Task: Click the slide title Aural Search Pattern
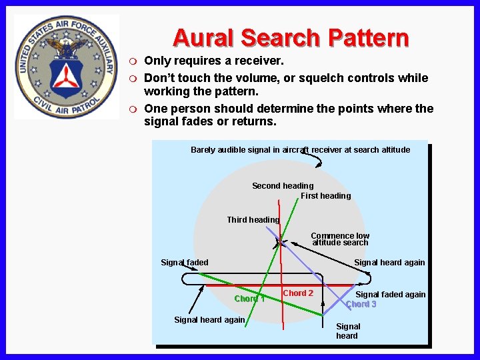(x=290, y=37)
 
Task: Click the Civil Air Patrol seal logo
(x=66, y=67)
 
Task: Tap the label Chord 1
(x=250, y=298)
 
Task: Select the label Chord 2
(x=298, y=293)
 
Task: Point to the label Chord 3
(x=361, y=304)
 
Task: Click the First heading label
(x=325, y=195)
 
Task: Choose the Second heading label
(x=283, y=185)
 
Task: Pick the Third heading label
(x=253, y=219)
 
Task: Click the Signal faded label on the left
(x=185, y=262)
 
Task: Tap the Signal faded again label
(x=390, y=294)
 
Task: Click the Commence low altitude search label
(x=340, y=239)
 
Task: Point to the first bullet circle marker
(x=133, y=61)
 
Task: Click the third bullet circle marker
(x=133, y=109)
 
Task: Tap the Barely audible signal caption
(x=300, y=149)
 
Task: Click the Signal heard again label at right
(x=389, y=262)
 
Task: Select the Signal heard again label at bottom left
(x=209, y=319)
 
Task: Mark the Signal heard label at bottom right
(x=347, y=331)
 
